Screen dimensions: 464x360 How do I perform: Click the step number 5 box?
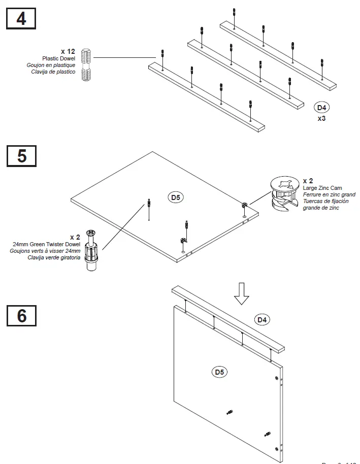(21, 155)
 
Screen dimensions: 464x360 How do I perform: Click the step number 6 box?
(21, 315)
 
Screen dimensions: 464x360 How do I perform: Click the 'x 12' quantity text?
(68, 52)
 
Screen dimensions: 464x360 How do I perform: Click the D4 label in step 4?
(322, 107)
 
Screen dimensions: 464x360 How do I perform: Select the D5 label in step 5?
(176, 197)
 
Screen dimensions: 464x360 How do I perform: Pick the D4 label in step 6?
(262, 319)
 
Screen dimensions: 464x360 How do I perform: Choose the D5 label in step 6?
(219, 372)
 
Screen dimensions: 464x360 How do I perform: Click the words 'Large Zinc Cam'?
(322, 188)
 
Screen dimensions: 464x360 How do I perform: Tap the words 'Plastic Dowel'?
(58, 58)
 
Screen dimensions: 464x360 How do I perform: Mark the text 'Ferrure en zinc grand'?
(329, 194)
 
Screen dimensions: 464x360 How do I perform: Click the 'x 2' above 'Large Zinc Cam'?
(308, 181)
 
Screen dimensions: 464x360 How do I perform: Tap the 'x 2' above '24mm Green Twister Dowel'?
(75, 237)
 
